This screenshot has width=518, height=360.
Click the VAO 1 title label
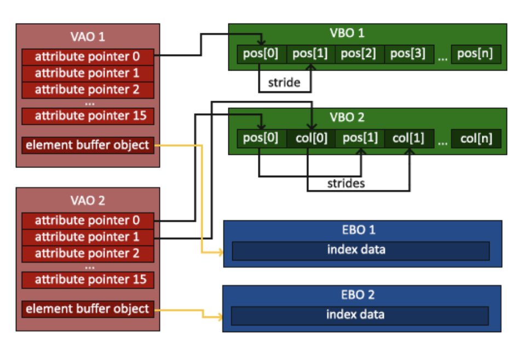88,36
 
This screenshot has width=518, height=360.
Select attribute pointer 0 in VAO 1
88,57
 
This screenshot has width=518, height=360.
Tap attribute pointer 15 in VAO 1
88,116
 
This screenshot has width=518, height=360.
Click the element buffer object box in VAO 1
88,145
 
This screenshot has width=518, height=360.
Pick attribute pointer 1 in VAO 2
88,237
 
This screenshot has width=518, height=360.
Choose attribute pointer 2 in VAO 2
88,254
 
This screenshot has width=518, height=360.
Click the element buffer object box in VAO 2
88,309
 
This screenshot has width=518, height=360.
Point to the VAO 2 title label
88,200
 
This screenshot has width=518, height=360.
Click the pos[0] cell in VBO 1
262,54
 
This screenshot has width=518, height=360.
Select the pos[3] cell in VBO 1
409,54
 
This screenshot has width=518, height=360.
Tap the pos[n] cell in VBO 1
476,54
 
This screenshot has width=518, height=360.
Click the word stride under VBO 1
284,83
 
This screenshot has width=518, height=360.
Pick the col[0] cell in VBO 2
311,138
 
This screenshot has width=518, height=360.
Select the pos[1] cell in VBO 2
360,138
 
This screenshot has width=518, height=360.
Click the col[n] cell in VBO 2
476,138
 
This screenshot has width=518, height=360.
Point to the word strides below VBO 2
346,183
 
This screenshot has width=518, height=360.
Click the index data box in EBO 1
361,251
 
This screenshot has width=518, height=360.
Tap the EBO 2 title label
358,295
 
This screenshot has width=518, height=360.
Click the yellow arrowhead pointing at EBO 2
220,317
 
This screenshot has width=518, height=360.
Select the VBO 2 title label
347,117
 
